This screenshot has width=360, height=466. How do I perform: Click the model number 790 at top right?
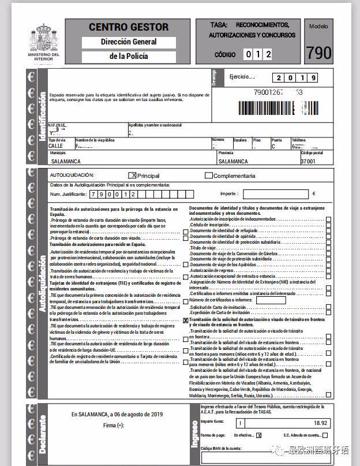pyautogui.click(x=318, y=53)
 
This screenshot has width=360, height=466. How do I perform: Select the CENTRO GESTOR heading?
pyautogui.click(x=129, y=27)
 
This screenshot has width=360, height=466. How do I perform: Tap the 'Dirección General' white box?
pyautogui.click(x=129, y=42)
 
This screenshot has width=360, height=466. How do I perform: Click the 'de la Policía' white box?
pyautogui.click(x=129, y=57)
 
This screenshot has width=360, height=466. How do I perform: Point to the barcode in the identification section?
pyautogui.click(x=277, y=107)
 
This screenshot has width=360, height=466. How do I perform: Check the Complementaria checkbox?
pyautogui.click(x=208, y=176)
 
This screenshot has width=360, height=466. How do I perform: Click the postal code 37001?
pyautogui.click(x=309, y=162)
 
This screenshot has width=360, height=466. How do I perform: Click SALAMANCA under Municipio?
pyautogui.click(x=66, y=162)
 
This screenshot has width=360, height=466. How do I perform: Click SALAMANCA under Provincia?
pyautogui.click(x=234, y=162)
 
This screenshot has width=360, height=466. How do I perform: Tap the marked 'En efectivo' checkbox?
pyautogui.click(x=259, y=435)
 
